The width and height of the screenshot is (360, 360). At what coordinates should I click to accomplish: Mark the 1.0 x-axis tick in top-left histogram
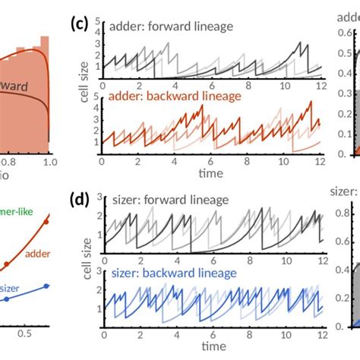pos(49,162)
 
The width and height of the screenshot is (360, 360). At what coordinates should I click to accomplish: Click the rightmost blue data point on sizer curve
pos(46,286)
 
